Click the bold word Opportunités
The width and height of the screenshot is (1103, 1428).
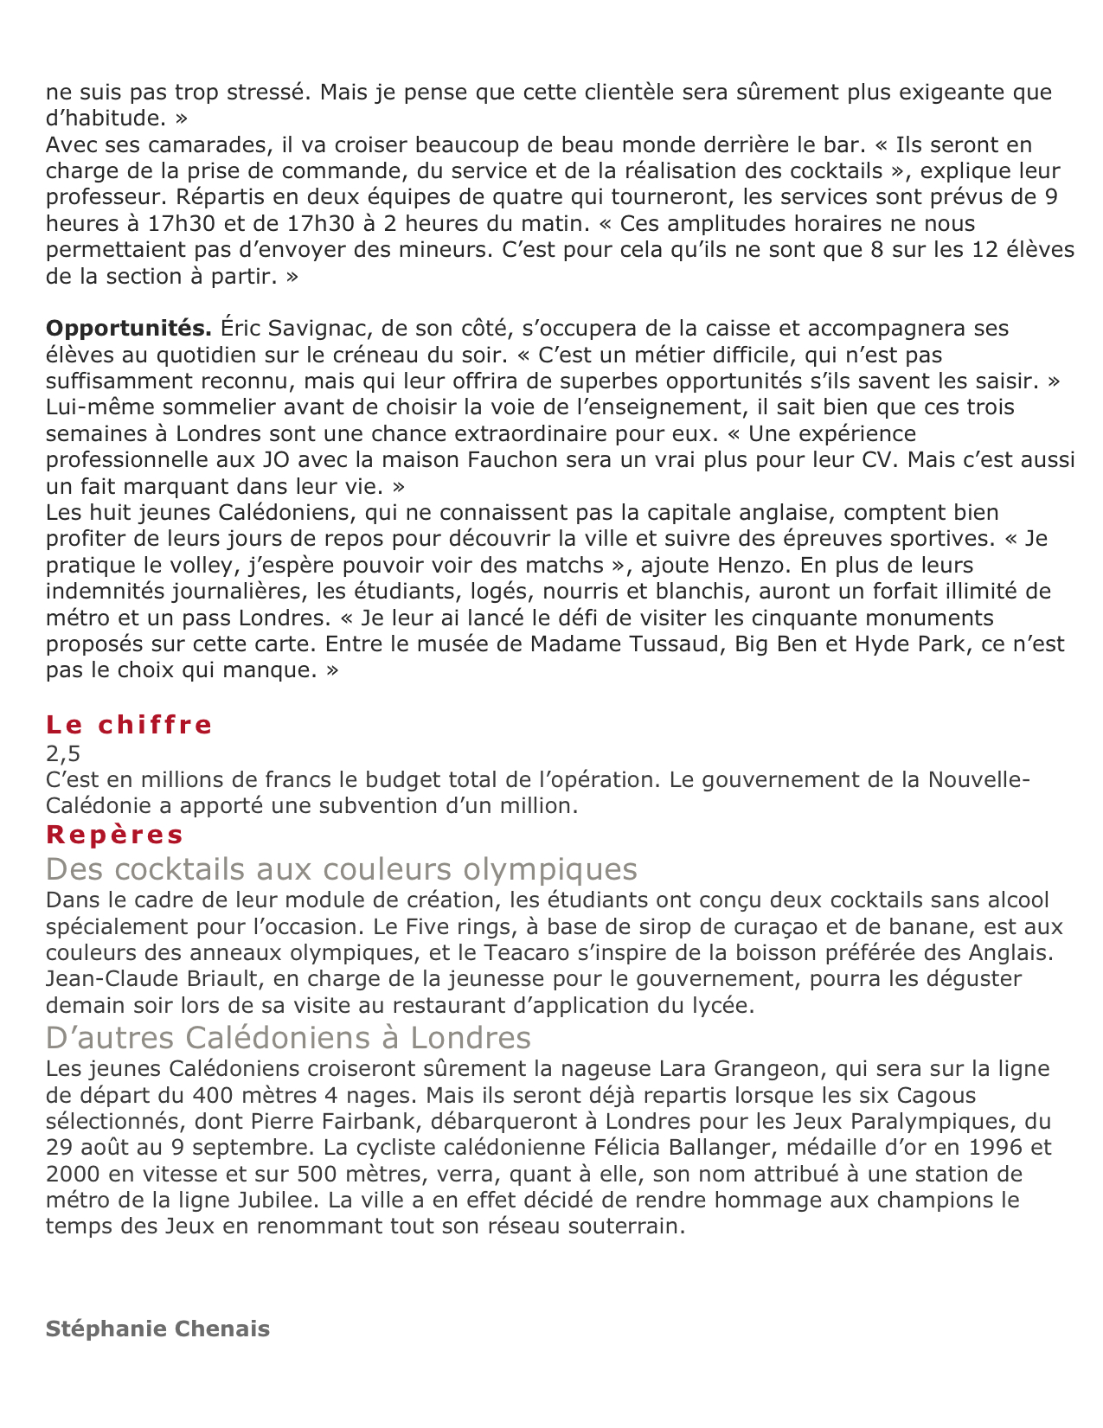129,329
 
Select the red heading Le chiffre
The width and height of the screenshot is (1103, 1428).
129,725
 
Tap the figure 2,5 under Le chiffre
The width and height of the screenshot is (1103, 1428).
63,752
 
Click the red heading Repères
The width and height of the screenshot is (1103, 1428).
115,835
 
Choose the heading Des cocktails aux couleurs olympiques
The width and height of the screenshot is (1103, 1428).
342,868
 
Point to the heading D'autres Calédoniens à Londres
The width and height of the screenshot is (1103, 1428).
288,1037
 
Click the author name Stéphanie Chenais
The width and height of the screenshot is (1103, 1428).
157,1329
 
